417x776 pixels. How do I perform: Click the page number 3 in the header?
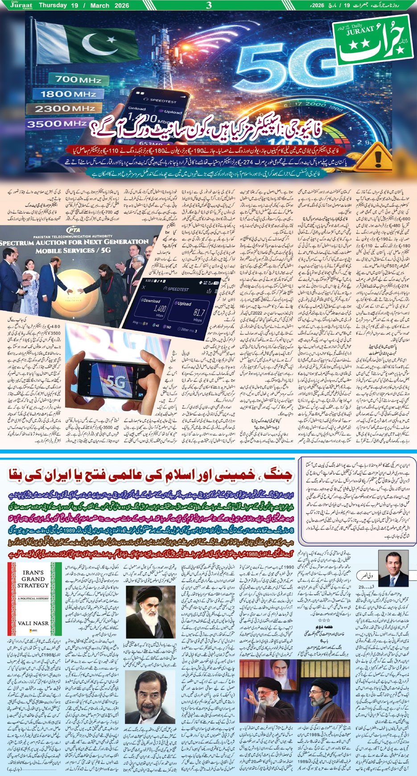(x=208, y=6)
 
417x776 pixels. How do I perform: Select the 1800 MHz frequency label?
(x=68, y=94)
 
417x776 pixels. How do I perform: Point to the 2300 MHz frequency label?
(x=67, y=109)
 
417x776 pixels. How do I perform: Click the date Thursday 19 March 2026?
(x=84, y=6)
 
